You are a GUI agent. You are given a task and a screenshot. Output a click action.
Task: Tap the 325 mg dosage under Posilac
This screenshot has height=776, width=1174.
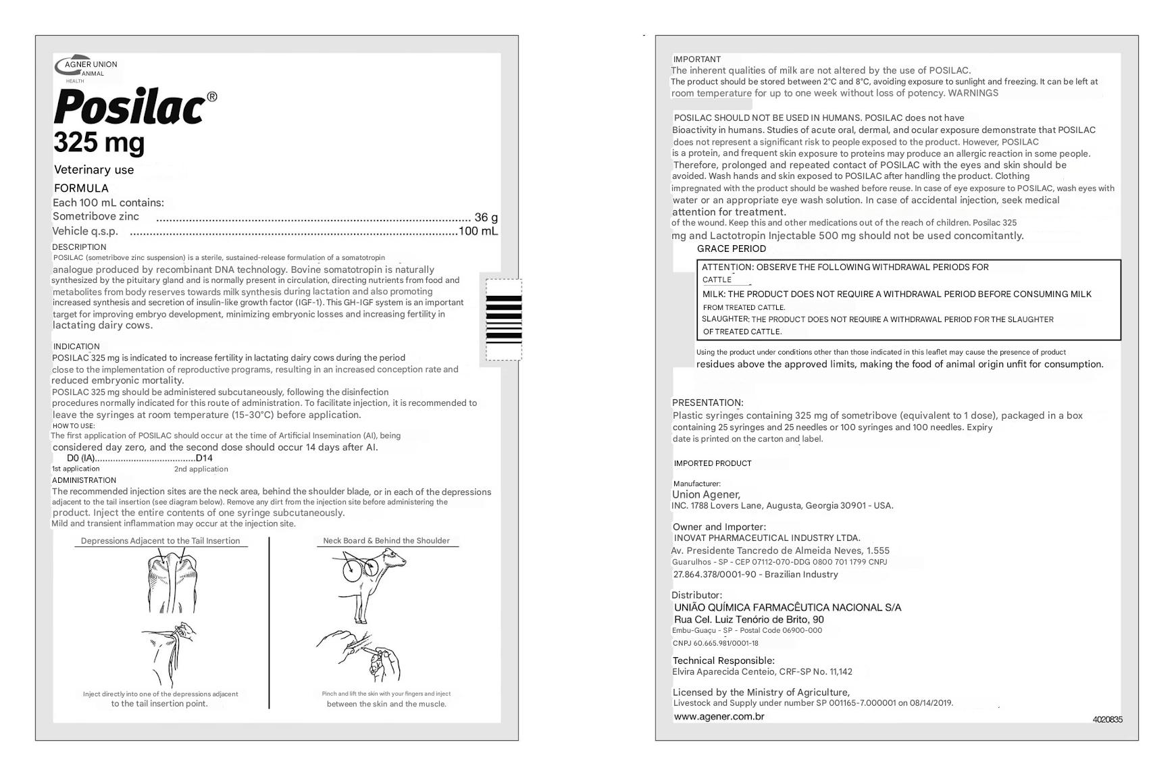[x=99, y=143]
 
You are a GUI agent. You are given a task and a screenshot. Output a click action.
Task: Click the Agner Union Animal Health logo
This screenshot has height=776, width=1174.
[x=86, y=68]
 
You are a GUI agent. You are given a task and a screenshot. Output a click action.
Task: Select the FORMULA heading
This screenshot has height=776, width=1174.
[x=81, y=188]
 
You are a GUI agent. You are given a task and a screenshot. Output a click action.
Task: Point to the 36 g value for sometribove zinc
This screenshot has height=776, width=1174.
[x=486, y=217]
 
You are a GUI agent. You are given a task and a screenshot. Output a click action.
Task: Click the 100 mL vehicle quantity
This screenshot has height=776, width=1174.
[x=478, y=231]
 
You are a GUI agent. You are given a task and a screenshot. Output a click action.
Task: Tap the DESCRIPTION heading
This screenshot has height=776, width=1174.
[x=79, y=247]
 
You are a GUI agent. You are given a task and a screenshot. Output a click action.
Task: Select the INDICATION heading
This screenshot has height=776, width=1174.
[x=76, y=346]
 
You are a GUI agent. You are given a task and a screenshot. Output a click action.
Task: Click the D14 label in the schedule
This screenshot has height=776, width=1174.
[x=204, y=458]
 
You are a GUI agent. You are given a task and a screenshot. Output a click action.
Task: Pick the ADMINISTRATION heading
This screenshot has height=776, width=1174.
[x=84, y=480]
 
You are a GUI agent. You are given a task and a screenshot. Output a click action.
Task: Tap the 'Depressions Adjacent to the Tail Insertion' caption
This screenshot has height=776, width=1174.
[x=160, y=541]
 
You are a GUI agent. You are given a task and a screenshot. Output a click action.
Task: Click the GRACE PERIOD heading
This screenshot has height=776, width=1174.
[x=731, y=249]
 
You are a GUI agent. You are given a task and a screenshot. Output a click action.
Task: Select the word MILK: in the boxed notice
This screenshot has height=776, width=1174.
[x=713, y=294]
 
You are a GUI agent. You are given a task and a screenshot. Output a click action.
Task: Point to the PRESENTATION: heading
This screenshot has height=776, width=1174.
[x=707, y=403]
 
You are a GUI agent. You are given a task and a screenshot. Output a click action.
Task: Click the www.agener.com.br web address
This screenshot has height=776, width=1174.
[x=719, y=717]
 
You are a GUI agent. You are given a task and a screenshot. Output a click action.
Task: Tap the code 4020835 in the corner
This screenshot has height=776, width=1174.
[x=1107, y=720]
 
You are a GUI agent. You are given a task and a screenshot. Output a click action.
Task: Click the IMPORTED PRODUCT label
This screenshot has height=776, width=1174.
[x=712, y=463]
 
